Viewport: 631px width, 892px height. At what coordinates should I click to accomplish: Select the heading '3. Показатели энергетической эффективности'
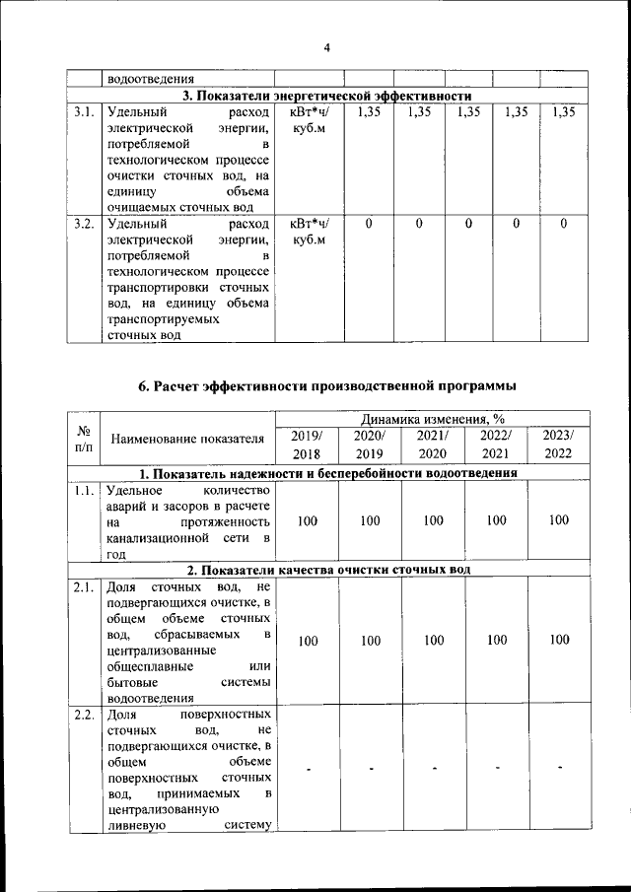(x=327, y=96)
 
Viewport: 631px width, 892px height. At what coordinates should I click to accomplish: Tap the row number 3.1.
(x=84, y=113)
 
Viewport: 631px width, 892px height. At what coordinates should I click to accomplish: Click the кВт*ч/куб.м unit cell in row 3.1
(x=309, y=122)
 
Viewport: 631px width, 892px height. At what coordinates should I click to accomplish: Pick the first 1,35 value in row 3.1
(x=369, y=113)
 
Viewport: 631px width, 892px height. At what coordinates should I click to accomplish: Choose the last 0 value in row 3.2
(x=563, y=225)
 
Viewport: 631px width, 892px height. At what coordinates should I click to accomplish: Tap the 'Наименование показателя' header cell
(x=187, y=439)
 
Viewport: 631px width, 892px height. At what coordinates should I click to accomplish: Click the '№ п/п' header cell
(x=84, y=440)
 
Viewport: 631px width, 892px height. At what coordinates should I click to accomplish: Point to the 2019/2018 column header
(x=308, y=445)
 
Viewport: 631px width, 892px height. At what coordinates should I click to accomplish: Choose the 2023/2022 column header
(x=559, y=445)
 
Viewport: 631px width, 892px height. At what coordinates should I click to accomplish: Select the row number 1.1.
(x=84, y=490)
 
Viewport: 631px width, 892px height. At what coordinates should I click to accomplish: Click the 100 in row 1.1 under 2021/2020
(x=433, y=520)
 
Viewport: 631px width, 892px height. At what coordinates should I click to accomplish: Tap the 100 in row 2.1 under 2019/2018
(x=308, y=641)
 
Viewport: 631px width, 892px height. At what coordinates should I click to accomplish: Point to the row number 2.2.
(x=84, y=715)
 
